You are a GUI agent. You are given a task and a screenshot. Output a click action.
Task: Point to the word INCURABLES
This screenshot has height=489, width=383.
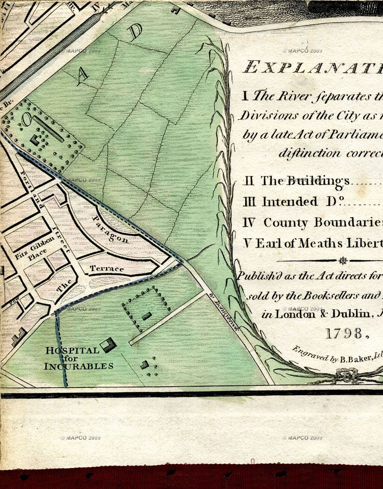coord(78,366)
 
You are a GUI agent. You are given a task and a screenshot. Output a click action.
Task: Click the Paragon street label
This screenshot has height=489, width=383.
coord(110,229)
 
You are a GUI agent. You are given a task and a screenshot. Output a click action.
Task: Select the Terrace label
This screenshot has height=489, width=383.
coord(107,268)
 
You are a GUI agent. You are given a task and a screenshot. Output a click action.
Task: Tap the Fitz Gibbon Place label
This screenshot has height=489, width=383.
coord(35,251)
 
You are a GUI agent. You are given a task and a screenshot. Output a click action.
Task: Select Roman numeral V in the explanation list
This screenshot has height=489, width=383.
coord(247,244)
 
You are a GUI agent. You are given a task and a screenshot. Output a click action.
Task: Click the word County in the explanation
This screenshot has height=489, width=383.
coord(286,223)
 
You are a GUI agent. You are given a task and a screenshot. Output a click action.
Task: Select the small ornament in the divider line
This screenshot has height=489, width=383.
coord(343,260)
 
